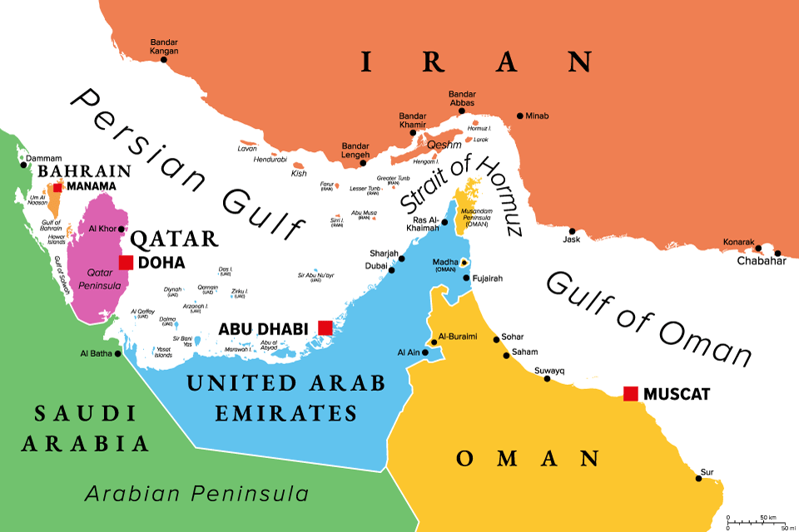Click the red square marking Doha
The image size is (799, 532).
tap(126, 263)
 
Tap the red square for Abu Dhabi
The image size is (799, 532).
tap(325, 328)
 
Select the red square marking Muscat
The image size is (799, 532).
tap(631, 393)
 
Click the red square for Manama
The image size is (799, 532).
tap(57, 186)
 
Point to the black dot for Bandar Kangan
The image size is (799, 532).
tap(164, 59)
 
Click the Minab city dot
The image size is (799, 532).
tap(520, 116)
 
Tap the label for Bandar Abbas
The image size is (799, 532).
tap(462, 98)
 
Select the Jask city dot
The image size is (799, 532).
tap(573, 231)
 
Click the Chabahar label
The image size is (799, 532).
tap(761, 260)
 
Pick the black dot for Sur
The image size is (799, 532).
tap(698, 479)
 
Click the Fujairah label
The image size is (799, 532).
tap(489, 280)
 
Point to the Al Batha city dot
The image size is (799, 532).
tap(117, 354)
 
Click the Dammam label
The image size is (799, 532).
tap(45, 158)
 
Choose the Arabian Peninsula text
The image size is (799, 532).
tap(196, 494)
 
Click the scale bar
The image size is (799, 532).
tap(757, 521)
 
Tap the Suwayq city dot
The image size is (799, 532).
tap(547, 378)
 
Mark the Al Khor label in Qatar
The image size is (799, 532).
tap(102, 229)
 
